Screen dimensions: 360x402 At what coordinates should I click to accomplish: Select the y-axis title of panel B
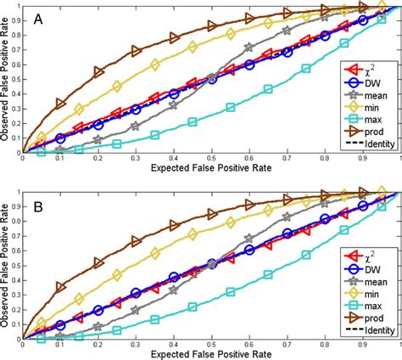coord(7,265)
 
